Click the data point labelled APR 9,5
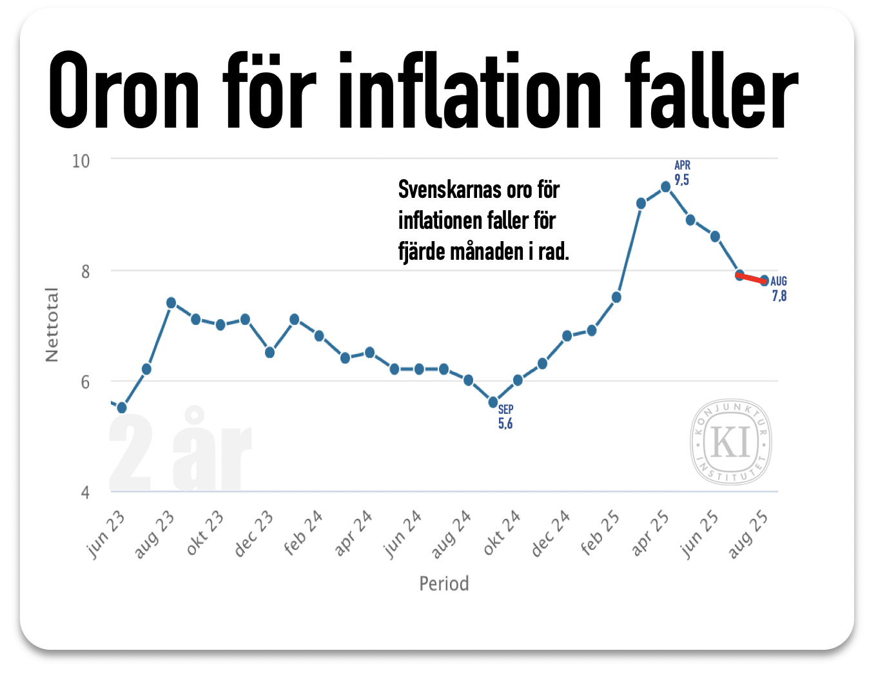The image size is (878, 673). click(x=665, y=187)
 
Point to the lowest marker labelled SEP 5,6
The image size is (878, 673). click(x=493, y=402)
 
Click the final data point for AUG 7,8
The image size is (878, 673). click(x=765, y=280)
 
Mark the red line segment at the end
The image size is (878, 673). click(x=752, y=278)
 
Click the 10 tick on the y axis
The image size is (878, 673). click(x=81, y=161)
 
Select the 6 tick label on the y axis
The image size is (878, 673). click(x=85, y=382)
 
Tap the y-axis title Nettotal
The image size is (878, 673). click(x=52, y=325)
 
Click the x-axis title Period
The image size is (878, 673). click(x=444, y=583)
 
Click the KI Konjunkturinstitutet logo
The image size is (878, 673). click(x=731, y=442)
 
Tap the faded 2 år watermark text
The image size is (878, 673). click(x=180, y=451)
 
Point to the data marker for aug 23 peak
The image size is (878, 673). click(x=171, y=302)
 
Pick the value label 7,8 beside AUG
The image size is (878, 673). click(x=779, y=297)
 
